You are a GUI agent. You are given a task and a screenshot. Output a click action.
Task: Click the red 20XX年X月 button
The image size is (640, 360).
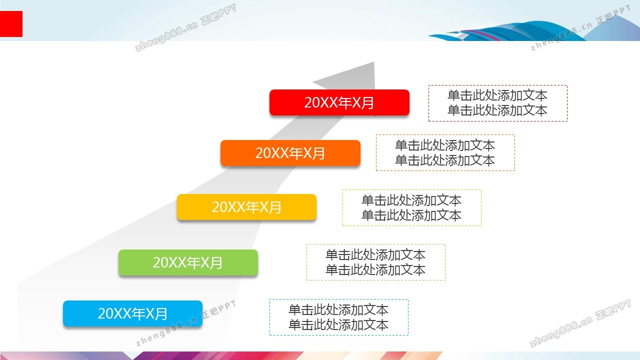click(x=339, y=102)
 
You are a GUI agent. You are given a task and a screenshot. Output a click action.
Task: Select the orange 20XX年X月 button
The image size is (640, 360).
click(x=290, y=153)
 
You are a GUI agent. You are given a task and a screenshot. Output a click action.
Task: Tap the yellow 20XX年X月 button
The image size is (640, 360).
click(x=246, y=207)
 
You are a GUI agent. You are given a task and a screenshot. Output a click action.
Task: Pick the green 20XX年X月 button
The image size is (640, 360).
click(x=188, y=262)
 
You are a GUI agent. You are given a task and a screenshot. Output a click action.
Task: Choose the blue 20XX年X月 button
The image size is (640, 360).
click(x=133, y=313)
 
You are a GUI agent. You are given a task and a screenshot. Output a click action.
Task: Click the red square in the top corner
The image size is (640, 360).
click(x=11, y=24)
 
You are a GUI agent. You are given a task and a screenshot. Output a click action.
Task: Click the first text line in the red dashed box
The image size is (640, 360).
click(x=497, y=95)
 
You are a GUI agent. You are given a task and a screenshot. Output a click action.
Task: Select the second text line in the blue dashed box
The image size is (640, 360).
click(x=338, y=325)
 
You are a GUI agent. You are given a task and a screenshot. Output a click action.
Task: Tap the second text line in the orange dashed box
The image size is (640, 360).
click(x=445, y=160)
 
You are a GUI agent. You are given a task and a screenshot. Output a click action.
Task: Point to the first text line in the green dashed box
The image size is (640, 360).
click(x=375, y=255)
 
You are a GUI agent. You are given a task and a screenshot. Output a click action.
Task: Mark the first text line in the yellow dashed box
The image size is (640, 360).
click(x=411, y=200)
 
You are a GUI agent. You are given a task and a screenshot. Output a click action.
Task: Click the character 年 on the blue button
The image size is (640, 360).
click(x=138, y=313)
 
